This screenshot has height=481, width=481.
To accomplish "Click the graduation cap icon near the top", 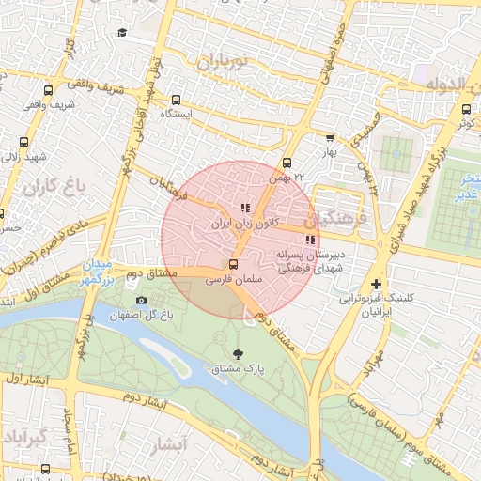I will point(121,34).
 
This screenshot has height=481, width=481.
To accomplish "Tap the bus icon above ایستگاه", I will point(176,99).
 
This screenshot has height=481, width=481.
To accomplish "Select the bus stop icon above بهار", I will point(329,137).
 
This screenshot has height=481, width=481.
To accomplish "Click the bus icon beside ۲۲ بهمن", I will point(287,162).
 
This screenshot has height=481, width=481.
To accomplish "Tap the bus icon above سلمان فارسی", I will point(233,265).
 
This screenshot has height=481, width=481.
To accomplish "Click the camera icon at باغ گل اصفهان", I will point(142,300).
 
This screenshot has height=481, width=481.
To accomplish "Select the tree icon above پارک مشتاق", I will point(237,355).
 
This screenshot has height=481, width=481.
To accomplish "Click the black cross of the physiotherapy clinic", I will point(376,284).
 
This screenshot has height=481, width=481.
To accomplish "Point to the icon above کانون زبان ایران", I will point(244,208).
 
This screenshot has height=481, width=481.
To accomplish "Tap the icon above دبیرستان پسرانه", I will point(311,239).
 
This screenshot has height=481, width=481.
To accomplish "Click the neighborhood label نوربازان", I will point(221,63).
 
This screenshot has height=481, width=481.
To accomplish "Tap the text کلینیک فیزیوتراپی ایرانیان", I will point(376,304).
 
